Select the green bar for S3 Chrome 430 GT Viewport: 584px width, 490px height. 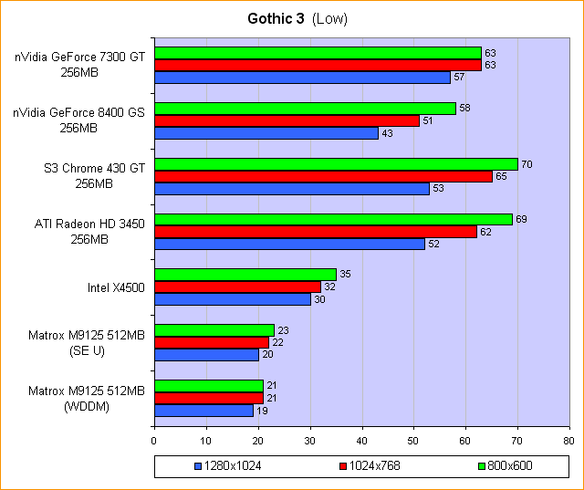point(336,164)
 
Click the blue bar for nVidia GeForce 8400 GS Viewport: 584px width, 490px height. point(266,133)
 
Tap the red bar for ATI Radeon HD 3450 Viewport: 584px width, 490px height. point(315,232)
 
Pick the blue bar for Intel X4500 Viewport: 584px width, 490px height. point(233,299)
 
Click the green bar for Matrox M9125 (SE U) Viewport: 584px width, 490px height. point(214,330)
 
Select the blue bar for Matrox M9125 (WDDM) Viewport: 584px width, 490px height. point(204,411)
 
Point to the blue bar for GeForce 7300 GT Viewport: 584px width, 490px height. point(303,78)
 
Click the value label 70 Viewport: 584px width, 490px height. point(527,164)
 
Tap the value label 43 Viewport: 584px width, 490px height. point(387,133)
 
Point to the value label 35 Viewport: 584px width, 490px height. point(345,275)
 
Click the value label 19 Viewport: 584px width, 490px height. point(262,411)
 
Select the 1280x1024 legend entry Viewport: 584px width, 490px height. point(228,466)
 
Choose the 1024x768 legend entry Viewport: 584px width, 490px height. point(370,466)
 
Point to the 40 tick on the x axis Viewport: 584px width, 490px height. point(361,441)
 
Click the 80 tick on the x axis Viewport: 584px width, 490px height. point(568,441)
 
